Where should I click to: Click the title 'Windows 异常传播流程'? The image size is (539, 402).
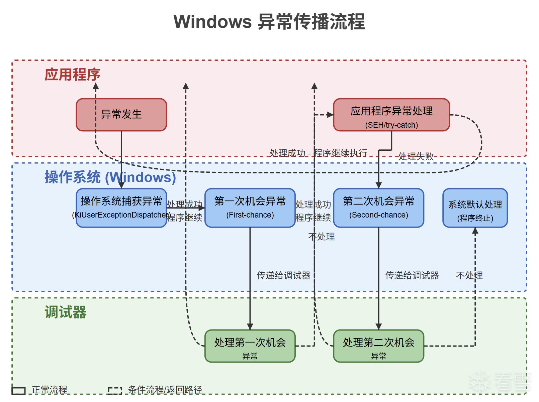point(269,22)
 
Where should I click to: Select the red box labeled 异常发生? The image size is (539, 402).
point(121,115)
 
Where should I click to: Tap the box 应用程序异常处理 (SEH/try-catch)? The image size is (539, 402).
point(391,115)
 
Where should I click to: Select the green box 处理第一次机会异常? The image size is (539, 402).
point(250,346)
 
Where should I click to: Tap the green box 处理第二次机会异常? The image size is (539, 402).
point(378,346)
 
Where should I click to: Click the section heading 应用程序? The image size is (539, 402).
point(72,75)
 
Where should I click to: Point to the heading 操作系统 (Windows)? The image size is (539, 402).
point(110,177)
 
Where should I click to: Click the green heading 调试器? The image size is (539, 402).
point(66,312)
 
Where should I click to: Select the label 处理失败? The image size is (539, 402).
point(416,156)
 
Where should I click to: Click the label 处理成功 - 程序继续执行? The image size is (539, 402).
point(318,153)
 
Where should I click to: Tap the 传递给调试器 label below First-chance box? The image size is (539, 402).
point(283,275)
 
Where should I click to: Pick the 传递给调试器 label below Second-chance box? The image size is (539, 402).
point(412,275)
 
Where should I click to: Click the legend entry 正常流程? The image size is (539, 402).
point(49,390)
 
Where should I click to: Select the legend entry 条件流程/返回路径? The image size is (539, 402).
point(165,390)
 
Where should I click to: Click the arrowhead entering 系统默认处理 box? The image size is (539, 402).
point(475,231)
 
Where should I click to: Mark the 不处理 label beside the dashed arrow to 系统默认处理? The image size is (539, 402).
point(469,275)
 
